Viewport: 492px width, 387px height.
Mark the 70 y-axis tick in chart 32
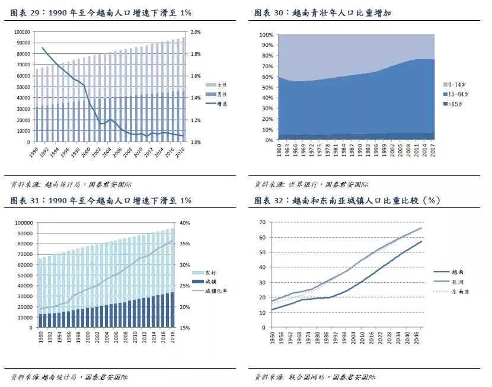(x=261, y=222)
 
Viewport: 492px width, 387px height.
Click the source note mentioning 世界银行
(x=311, y=184)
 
